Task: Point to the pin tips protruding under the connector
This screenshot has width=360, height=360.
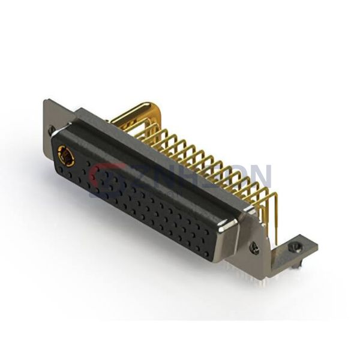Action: (252, 275)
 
